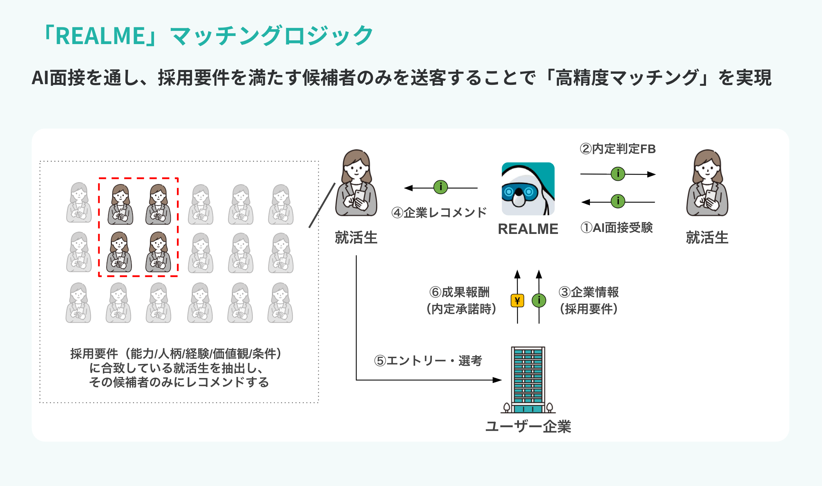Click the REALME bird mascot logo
pos(528,189)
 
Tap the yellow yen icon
pos(517,301)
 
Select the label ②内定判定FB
pos(618,149)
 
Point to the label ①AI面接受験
pos(616,228)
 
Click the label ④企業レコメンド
pos(439,213)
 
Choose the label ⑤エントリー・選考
pos(428,361)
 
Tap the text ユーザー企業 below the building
pos(528,426)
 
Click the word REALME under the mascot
pos(528,229)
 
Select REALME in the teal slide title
pos(100,36)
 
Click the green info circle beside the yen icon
pos(539,301)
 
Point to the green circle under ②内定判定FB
pos(618,174)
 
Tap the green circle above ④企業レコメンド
pos(441,187)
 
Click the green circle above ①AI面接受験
pos(618,202)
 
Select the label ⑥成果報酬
pos(459,292)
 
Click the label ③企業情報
pos(589,292)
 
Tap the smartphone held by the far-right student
pos(711,197)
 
